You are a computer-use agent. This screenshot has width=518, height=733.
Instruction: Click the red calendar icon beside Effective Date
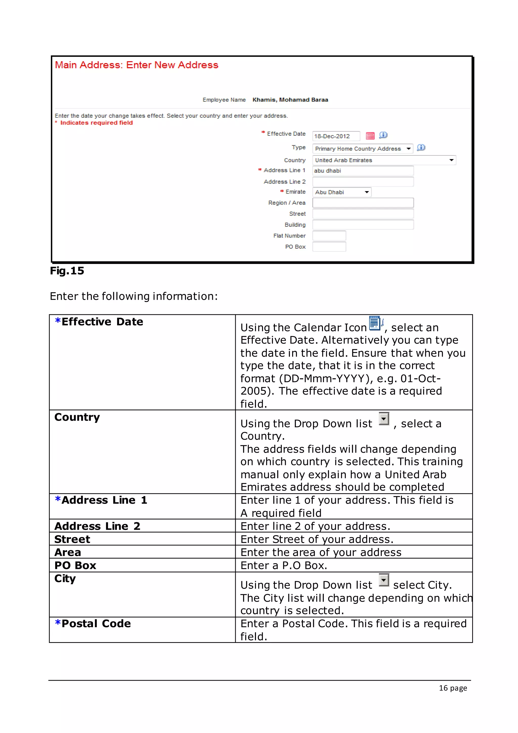370,136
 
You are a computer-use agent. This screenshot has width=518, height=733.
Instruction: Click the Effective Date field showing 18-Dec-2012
336,136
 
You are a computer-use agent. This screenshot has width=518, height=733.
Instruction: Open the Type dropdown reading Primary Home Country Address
362,149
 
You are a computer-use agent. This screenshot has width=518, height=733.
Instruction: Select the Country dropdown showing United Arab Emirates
384,160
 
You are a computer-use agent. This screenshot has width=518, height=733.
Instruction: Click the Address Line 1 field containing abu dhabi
363,171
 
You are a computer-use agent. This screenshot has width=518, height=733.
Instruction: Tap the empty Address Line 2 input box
363,182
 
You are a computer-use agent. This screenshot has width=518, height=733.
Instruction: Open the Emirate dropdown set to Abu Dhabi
342,192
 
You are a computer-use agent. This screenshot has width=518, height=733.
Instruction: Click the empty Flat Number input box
329,236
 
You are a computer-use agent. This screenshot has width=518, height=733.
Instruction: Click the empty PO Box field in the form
329,247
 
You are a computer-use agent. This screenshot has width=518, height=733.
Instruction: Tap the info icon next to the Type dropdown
421,148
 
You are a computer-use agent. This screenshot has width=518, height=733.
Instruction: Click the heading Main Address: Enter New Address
137,65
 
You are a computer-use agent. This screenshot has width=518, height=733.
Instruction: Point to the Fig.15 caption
67,271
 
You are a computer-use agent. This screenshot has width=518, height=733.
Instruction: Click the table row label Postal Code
96,623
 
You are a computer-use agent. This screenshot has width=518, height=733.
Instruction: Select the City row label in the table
65,579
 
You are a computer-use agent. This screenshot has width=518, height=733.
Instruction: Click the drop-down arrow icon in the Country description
384,419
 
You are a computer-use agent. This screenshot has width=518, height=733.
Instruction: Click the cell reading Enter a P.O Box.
284,565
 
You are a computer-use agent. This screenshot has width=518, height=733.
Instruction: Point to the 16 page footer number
452,688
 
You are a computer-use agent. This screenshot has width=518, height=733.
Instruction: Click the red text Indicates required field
96,123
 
